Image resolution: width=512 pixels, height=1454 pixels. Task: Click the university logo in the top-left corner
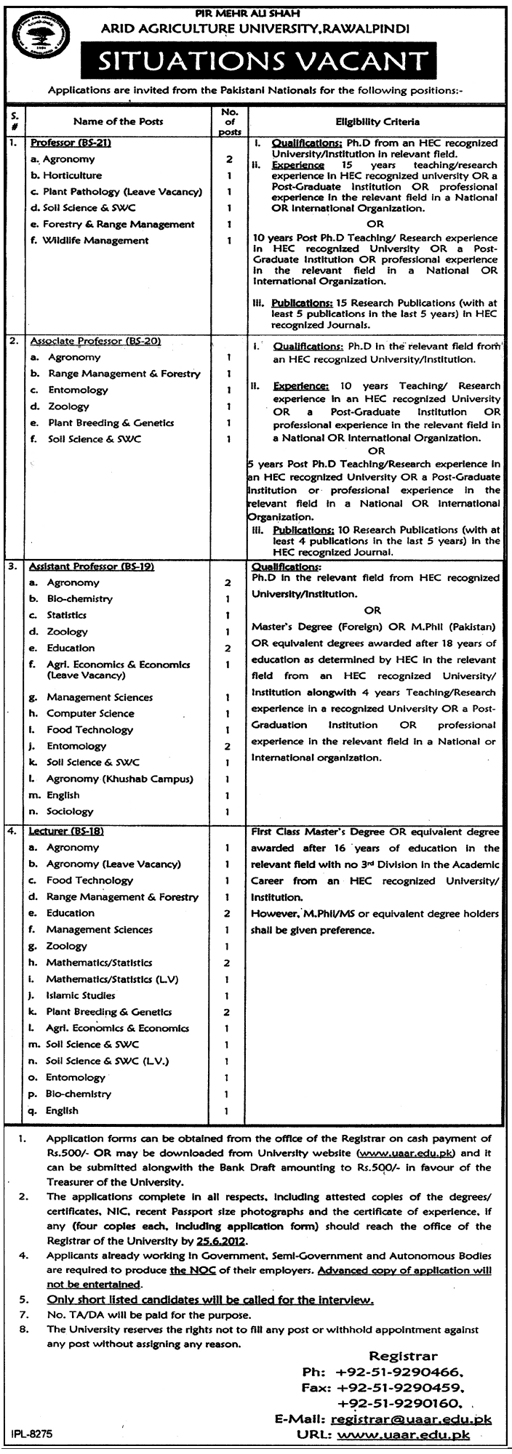[36, 41]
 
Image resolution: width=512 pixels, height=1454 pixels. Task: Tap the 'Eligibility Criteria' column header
[377, 122]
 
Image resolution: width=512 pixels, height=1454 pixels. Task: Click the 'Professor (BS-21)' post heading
[70, 143]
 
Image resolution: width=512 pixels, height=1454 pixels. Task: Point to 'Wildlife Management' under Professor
[95, 241]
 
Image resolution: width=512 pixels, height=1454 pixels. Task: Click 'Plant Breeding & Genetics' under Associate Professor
[111, 422]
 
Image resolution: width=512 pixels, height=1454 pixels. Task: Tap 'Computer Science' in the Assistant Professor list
[90, 713]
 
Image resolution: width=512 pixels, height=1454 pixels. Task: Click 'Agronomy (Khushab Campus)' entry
[120, 779]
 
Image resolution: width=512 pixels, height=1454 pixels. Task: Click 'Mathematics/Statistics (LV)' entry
[112, 979]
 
